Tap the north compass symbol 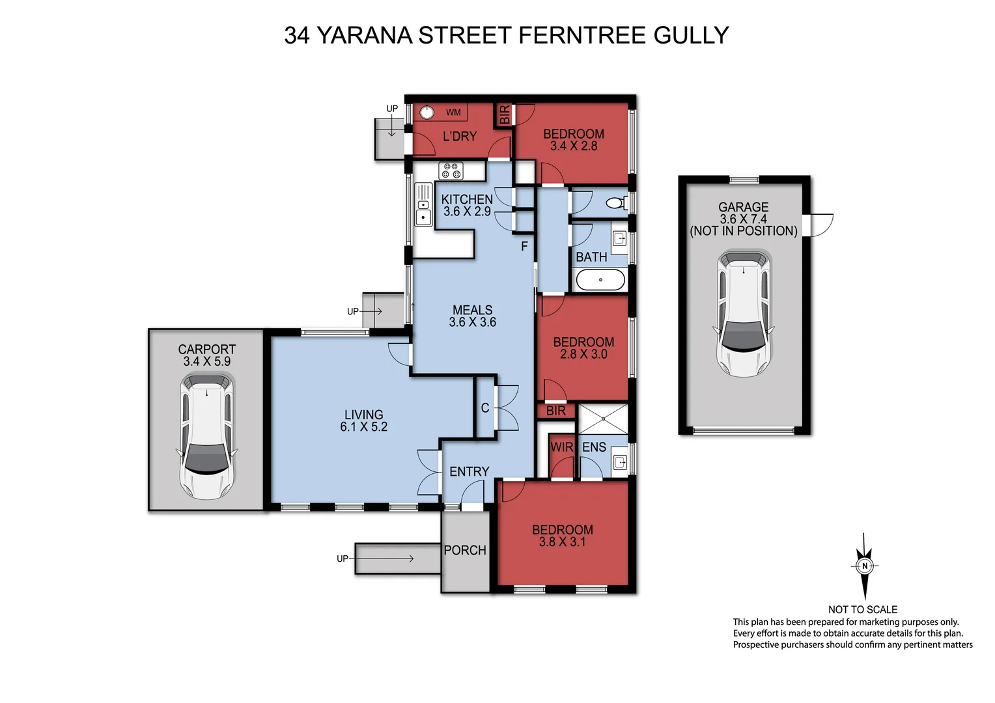point(865,566)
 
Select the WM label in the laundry point(453,113)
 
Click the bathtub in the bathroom point(600,280)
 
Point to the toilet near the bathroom point(615,203)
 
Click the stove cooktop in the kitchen point(451,171)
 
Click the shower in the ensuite point(603,420)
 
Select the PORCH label point(465,551)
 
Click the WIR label point(561,448)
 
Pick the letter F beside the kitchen point(524,247)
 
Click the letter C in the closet point(484,408)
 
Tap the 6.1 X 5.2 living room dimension point(363,427)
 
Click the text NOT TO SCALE point(862,609)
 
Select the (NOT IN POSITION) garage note point(744,231)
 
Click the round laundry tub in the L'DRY point(427,112)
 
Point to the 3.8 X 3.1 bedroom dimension point(562,542)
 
